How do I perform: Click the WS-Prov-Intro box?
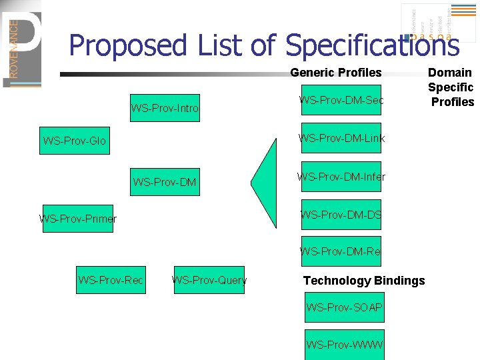click(165, 108)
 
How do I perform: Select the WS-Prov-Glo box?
click(74, 141)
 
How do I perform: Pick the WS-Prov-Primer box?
click(78, 219)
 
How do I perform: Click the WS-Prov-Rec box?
click(111, 280)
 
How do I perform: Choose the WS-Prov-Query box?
click(209, 280)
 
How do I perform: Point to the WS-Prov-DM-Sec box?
click(341, 101)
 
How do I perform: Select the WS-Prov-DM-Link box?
click(341, 139)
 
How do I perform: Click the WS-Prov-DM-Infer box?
click(341, 177)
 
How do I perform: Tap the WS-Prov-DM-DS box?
click(341, 215)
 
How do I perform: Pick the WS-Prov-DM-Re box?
click(341, 251)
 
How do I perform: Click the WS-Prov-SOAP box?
click(344, 307)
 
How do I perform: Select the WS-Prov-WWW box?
click(344, 345)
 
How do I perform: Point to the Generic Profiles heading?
click(335, 73)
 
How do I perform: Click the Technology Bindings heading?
click(363, 281)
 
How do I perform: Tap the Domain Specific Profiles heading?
click(451, 87)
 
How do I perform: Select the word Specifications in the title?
click(372, 46)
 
